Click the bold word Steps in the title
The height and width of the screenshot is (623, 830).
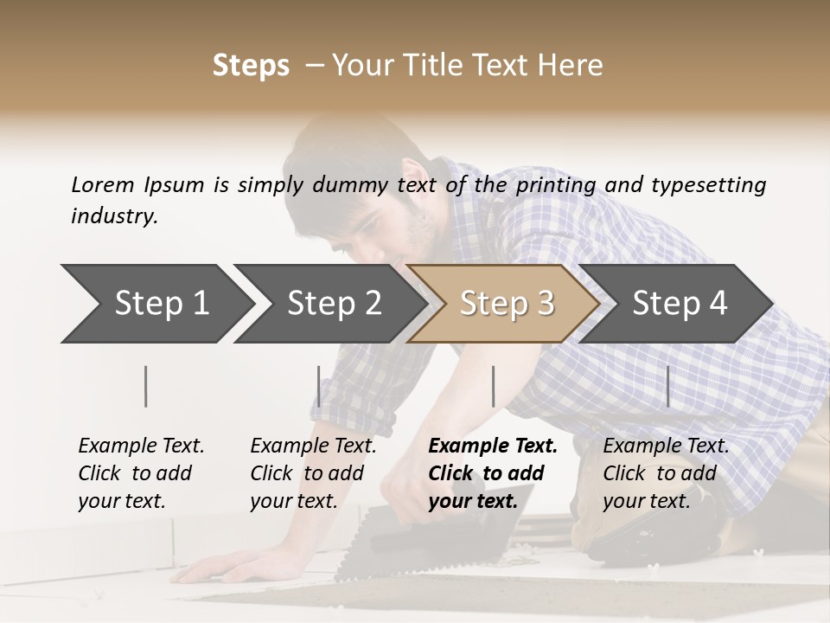251,66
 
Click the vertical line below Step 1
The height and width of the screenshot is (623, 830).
146,387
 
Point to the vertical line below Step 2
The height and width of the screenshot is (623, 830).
319,387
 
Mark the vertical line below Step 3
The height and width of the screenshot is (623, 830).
493,387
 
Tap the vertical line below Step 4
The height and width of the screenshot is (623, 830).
667,387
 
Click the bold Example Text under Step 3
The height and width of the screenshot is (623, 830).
493,472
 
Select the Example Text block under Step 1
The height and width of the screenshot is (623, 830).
141,472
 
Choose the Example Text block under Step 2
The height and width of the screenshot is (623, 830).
313,472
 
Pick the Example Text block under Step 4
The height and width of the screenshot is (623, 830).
666,472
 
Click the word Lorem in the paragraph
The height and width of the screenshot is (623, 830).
103,185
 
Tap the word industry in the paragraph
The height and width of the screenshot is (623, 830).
114,215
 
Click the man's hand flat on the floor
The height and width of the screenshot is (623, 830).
227,568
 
